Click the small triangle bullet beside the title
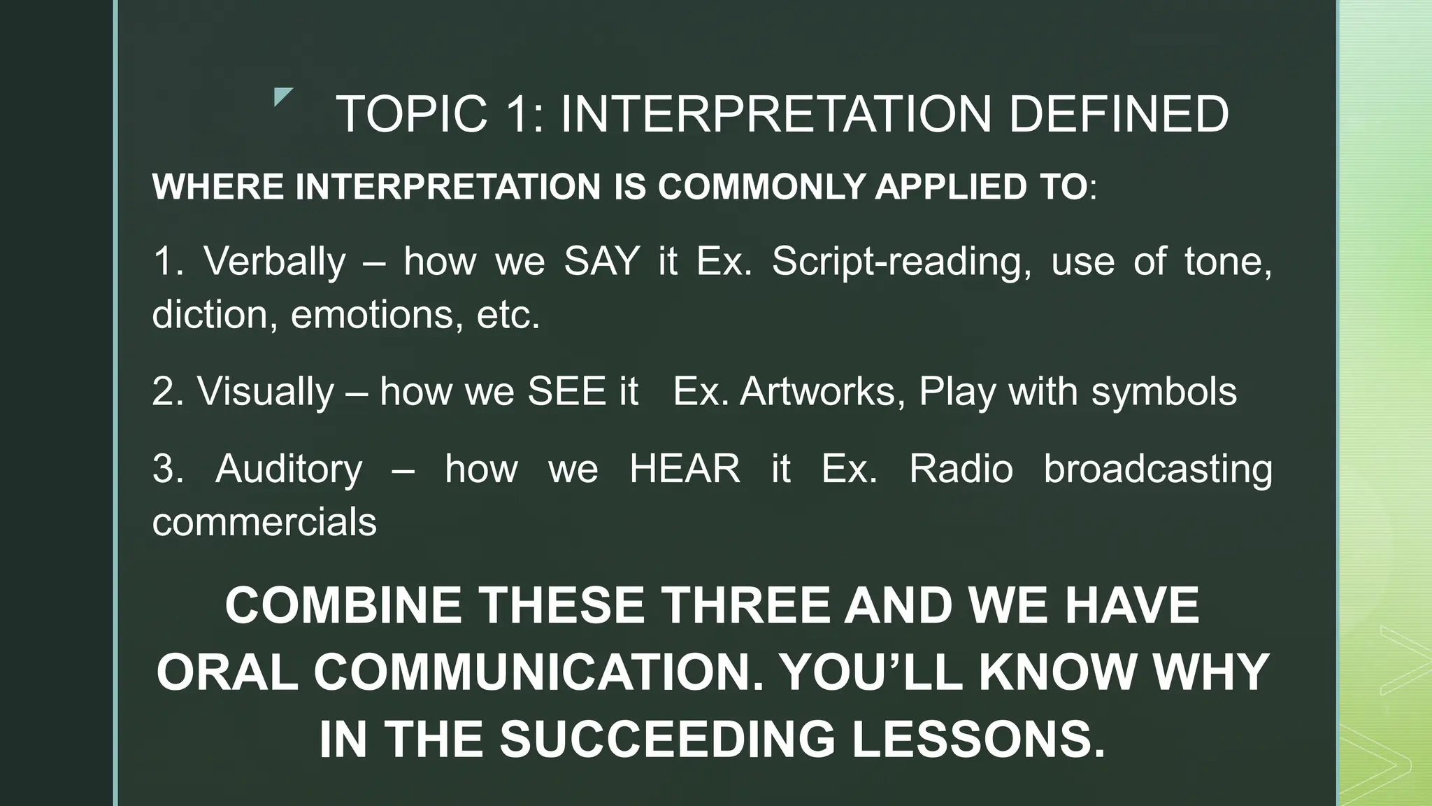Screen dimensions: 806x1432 pyautogui.click(x=282, y=97)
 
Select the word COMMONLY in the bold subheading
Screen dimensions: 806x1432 pyautogui.click(x=762, y=187)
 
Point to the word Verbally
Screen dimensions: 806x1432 pyautogui.click(x=274, y=262)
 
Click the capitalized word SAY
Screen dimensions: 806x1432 pyautogui.click(x=602, y=262)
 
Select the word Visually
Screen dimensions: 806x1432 pyautogui.click(x=266, y=391)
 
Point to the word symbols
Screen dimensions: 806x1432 pyautogui.click(x=1164, y=391)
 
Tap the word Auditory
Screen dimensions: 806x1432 pyautogui.click(x=289, y=469)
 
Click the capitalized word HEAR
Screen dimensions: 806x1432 pyautogui.click(x=685, y=469)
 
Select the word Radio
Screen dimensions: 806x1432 pyautogui.click(x=961, y=469)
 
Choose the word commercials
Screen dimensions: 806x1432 pyautogui.click(x=264, y=522)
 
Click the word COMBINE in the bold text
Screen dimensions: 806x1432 pyautogui.click(x=343, y=606)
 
